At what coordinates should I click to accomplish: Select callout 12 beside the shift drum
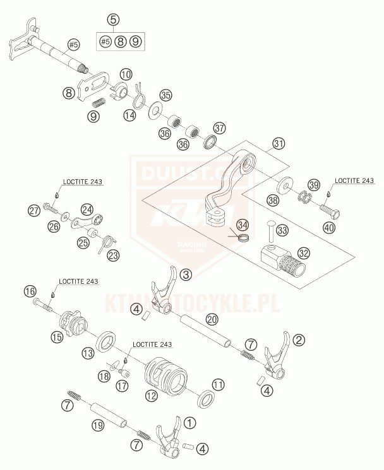tap(151, 396)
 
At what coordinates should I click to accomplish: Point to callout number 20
tap(212, 320)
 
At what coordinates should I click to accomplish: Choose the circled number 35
tap(165, 96)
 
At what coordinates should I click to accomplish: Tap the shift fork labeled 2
tap(276, 355)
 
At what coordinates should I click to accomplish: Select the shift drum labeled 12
tap(166, 376)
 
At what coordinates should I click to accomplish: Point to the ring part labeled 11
tap(205, 400)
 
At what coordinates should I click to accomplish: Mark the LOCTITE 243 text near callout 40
tap(355, 180)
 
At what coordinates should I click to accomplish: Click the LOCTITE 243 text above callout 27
tap(82, 182)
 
